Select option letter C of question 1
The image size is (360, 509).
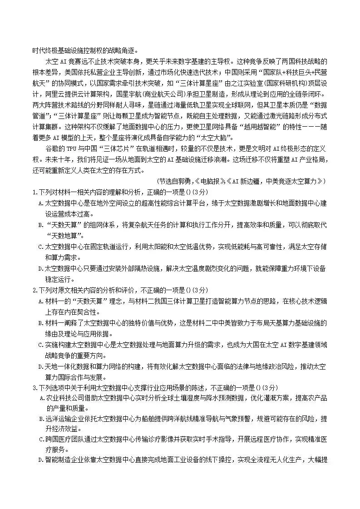coord(40,247)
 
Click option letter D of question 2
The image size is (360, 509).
coord(40,366)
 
